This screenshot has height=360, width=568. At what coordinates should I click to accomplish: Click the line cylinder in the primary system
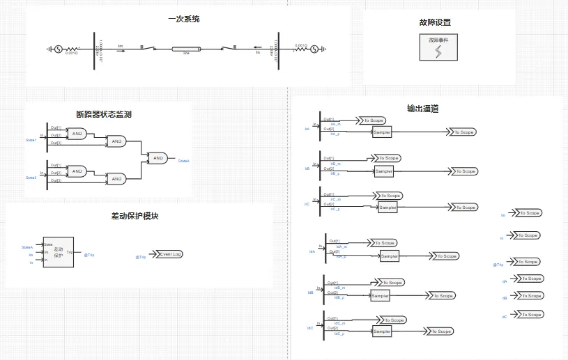coord(186,49)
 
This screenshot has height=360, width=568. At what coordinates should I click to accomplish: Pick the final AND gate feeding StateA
coord(158,158)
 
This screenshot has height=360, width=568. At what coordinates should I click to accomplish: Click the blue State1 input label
coord(31,141)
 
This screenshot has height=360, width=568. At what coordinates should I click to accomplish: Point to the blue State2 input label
coord(31,178)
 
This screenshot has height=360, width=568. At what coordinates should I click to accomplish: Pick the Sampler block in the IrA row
coord(382,132)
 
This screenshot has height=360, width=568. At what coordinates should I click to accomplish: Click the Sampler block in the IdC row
coord(382,331)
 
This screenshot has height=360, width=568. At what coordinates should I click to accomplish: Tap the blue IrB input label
coord(307,169)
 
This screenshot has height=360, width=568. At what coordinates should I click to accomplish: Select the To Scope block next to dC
coord(530,315)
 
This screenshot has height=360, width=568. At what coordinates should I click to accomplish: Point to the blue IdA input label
coord(312,251)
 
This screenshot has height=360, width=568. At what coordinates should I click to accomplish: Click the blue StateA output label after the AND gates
coord(184,161)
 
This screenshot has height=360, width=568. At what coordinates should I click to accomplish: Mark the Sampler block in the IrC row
coord(387,208)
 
